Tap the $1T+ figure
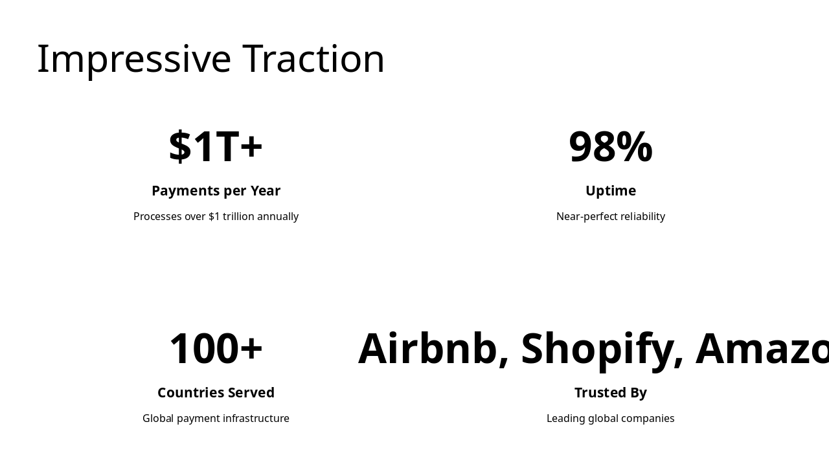click(x=216, y=147)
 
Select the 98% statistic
click(x=610, y=147)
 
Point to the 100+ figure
click(x=216, y=349)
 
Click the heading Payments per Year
click(x=216, y=191)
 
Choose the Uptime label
click(x=610, y=191)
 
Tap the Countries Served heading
click(x=216, y=393)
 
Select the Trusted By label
click(x=610, y=393)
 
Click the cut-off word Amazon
click(x=762, y=349)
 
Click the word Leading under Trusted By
click(x=565, y=419)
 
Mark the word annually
click(x=278, y=217)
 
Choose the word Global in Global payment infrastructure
click(x=158, y=419)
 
